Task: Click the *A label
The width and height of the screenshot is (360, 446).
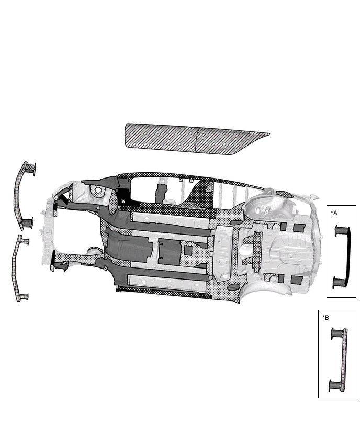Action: pyautogui.click(x=334, y=213)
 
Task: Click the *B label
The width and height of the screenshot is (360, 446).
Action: pyautogui.click(x=325, y=317)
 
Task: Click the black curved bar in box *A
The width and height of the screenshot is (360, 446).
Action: pyautogui.click(x=348, y=254)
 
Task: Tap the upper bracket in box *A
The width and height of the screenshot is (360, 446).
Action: pyautogui.click(x=341, y=230)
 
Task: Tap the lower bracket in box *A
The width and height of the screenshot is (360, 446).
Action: pyautogui.click(x=339, y=282)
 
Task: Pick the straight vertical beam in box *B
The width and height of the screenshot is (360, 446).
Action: pyautogui.click(x=345, y=360)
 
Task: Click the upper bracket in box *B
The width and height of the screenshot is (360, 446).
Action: pyautogui.click(x=337, y=333)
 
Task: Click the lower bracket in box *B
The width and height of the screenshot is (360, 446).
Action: pyautogui.click(x=335, y=385)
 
